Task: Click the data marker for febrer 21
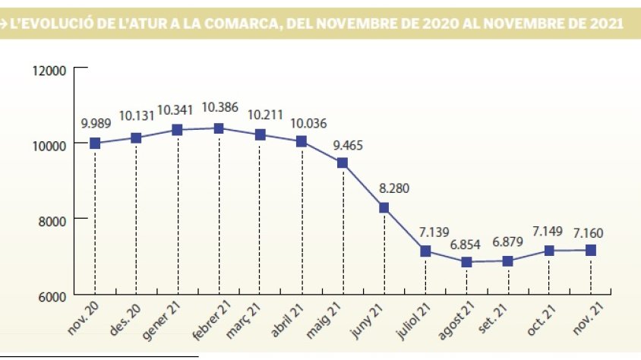[x=219, y=128]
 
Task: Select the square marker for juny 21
[x=384, y=207]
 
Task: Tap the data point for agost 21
[x=466, y=261]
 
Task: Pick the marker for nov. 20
[x=95, y=143]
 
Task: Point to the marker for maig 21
[x=343, y=163]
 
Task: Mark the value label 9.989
[x=96, y=122]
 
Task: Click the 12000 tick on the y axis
[x=51, y=71]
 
